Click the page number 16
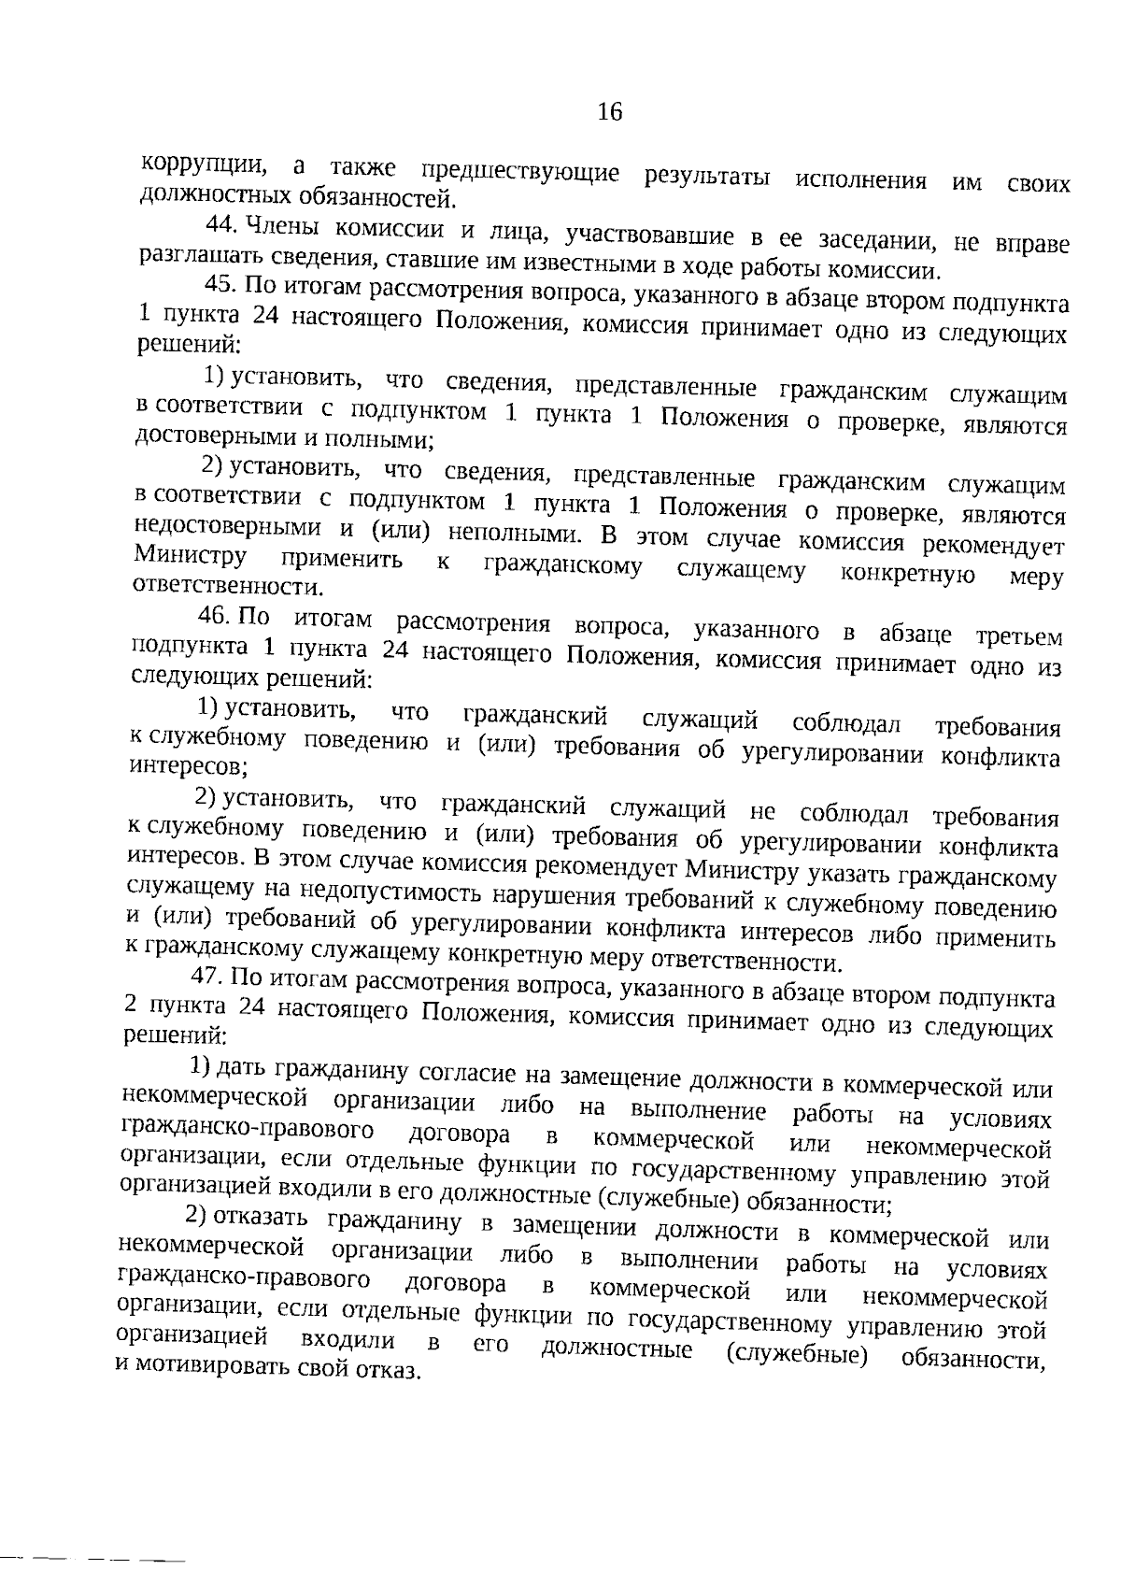point(609,113)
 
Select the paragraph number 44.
point(222,225)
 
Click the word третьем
point(1019,638)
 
